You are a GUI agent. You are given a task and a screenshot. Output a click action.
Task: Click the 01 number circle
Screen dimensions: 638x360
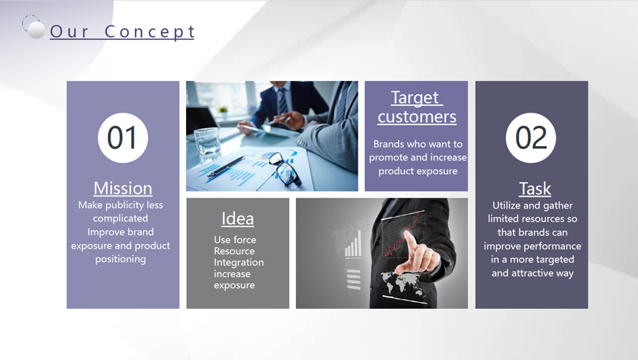pos(123,138)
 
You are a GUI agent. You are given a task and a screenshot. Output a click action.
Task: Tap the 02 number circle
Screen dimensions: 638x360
pos(531,138)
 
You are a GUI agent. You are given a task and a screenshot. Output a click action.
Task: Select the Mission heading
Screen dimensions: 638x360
pos(123,188)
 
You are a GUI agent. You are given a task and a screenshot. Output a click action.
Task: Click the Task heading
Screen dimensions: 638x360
pos(535,189)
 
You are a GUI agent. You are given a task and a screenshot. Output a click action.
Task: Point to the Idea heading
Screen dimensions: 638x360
pos(238,219)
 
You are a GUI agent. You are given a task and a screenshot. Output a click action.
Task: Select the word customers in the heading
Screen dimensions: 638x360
pos(417,117)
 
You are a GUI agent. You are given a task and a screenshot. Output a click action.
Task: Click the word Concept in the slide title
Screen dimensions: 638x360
pos(149,31)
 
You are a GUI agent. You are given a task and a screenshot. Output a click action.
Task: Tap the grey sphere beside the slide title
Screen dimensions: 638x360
pos(36,30)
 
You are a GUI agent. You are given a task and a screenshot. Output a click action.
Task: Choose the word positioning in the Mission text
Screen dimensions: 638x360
pos(120,259)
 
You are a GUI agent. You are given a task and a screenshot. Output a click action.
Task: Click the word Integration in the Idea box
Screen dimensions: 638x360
pos(239,262)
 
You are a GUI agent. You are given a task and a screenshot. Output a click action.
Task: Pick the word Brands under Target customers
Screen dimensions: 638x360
pos(389,144)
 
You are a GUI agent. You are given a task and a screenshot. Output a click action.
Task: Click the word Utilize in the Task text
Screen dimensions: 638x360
pos(506,205)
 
